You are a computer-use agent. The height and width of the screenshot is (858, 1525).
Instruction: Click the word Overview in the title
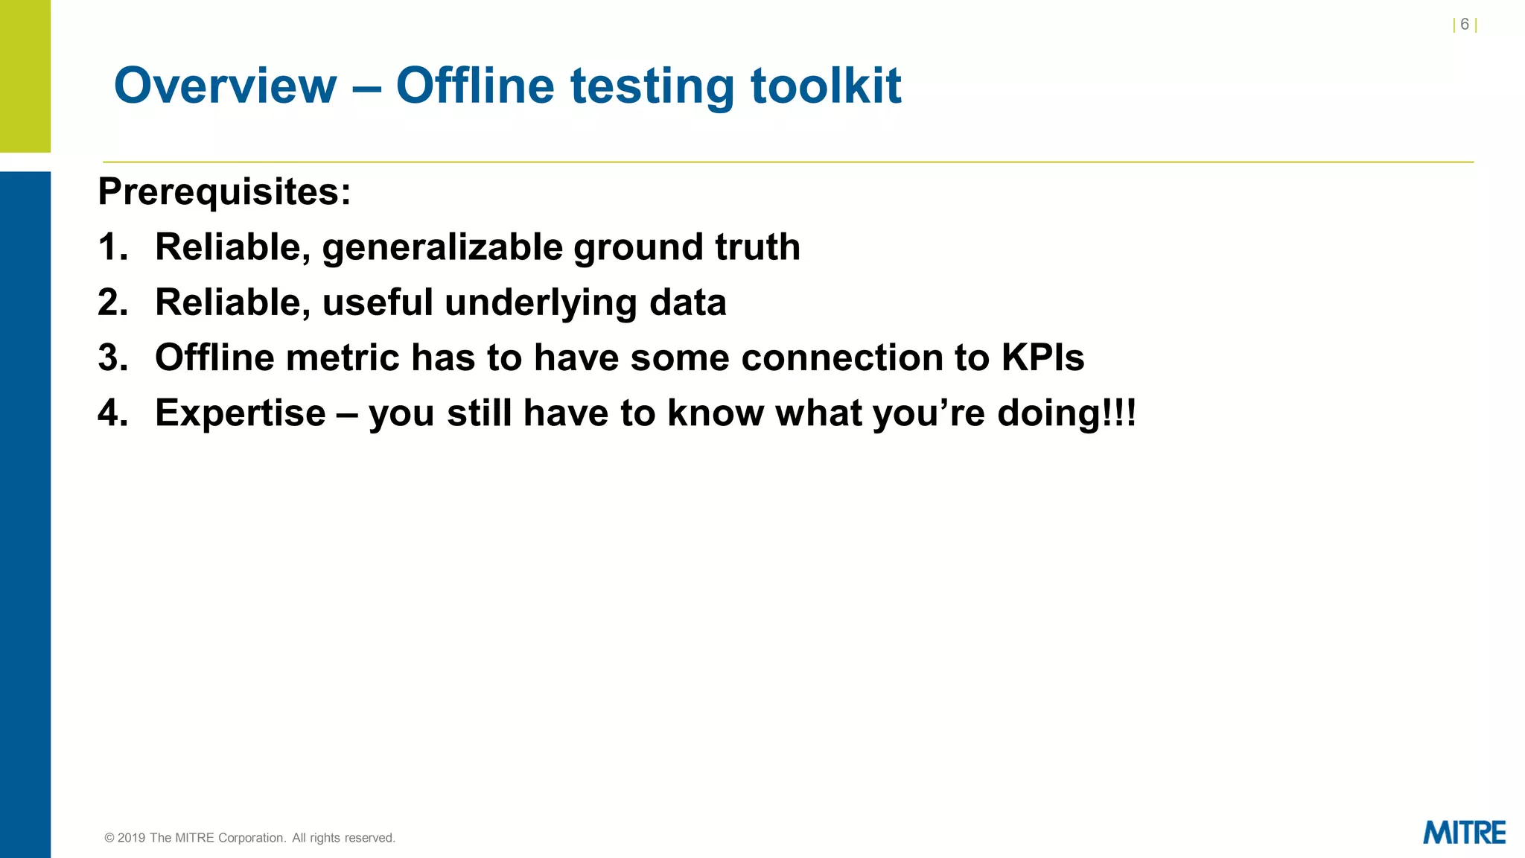[225, 86]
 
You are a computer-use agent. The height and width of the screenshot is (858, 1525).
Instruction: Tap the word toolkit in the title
[826, 86]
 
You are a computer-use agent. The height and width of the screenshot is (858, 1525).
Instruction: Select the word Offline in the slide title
[475, 86]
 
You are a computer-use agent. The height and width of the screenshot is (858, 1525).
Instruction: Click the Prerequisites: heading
[224, 192]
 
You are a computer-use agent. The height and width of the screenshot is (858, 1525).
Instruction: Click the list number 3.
[112, 358]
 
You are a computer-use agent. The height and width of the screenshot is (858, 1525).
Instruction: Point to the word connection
[841, 358]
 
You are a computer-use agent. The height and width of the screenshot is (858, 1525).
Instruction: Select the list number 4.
[112, 413]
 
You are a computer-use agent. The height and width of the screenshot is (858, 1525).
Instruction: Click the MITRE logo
[1463, 833]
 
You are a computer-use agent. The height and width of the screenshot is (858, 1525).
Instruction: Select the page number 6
[1464, 25]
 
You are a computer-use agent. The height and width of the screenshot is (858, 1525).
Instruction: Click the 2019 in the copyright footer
[131, 838]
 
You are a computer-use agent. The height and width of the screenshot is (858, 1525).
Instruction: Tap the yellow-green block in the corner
[25, 74]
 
